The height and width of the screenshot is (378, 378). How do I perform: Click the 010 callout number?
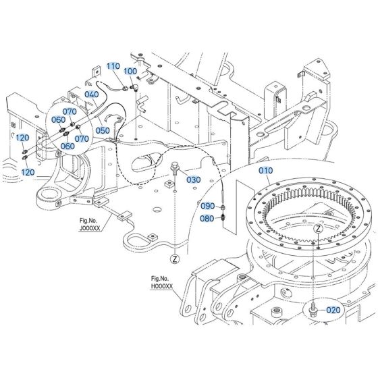click(265, 171)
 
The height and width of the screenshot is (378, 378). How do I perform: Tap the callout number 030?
click(193, 180)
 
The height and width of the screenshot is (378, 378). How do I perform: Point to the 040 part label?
click(92, 94)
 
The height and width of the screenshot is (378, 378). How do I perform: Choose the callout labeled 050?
click(103, 130)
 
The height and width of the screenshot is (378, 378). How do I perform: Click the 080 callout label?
click(207, 217)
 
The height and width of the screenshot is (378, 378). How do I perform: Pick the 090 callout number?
click(207, 205)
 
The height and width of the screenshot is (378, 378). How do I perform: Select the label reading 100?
click(130, 71)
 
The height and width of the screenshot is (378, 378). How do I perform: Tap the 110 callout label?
click(112, 66)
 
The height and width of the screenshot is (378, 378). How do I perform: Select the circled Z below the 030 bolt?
click(174, 258)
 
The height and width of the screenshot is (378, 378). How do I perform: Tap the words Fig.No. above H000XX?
click(159, 278)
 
